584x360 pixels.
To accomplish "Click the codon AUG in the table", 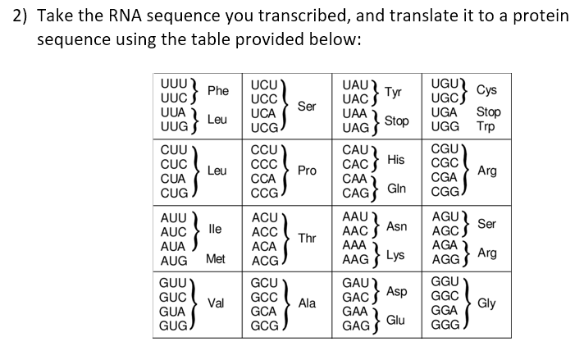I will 173,260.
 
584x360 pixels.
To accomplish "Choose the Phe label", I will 218,91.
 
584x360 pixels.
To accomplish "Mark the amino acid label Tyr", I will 394,91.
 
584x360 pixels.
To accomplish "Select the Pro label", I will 307,171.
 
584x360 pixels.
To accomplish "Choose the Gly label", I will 486,303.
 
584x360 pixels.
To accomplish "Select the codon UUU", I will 173,83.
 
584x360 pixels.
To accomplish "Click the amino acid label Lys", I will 396,254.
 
